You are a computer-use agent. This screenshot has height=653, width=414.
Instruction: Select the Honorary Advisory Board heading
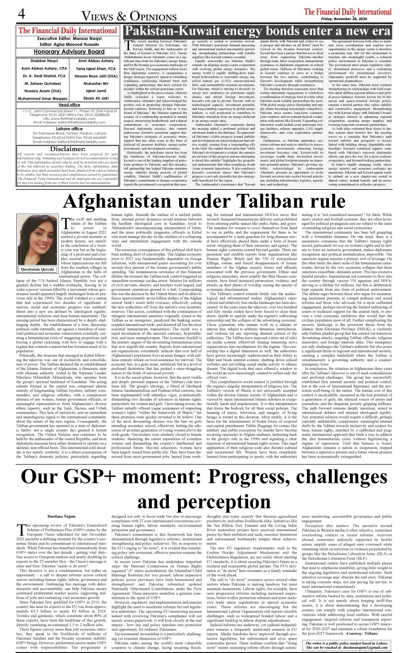click(69, 51)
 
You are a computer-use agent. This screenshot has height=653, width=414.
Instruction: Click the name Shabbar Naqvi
click(44, 61)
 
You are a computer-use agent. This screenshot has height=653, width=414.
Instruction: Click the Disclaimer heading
click(68, 149)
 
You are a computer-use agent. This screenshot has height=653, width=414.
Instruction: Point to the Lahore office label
click(69, 129)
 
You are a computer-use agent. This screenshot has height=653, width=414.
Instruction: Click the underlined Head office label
click(69, 105)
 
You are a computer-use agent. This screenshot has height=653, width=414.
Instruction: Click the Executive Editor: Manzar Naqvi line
click(69, 39)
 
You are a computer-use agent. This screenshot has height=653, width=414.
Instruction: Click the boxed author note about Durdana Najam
click(346, 645)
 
